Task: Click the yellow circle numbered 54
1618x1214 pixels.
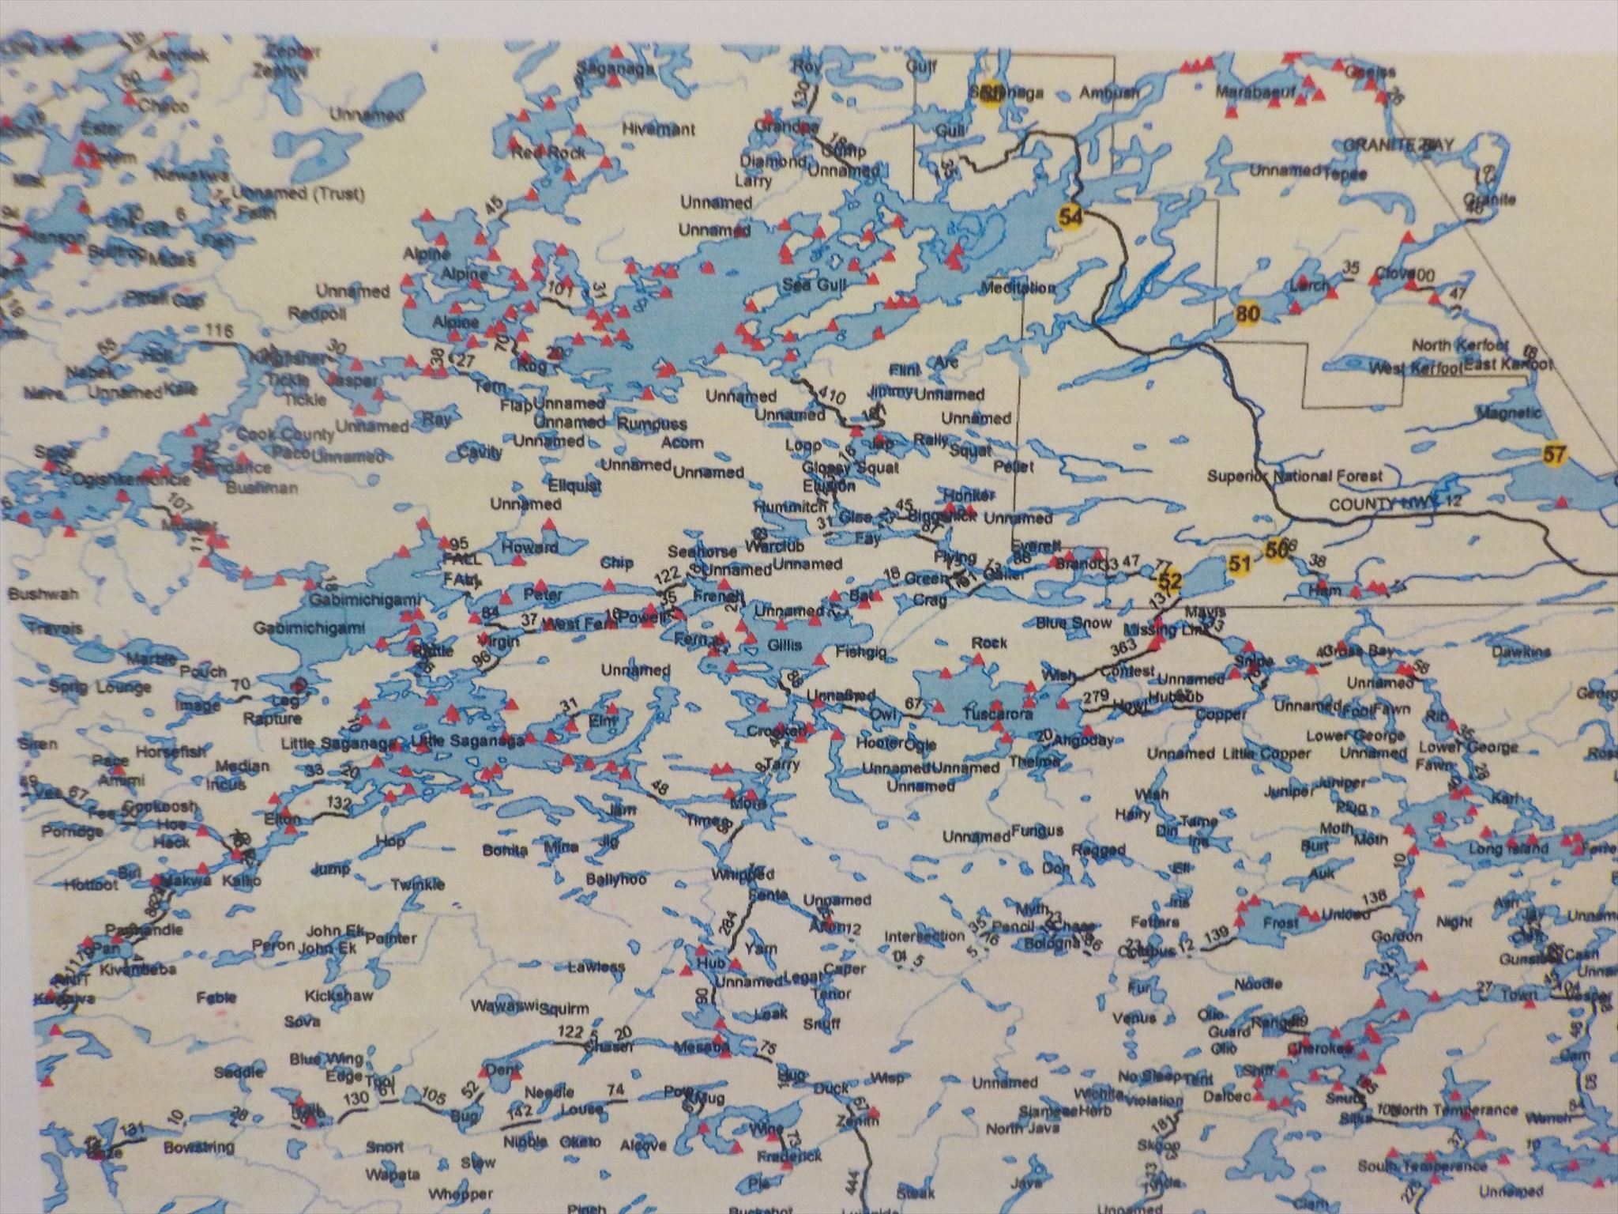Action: (x=1071, y=217)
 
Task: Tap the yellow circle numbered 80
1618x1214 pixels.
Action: (x=1247, y=314)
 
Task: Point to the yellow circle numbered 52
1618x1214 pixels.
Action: (x=1170, y=582)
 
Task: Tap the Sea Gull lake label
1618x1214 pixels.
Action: (x=809, y=285)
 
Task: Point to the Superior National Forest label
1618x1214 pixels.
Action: (x=1295, y=476)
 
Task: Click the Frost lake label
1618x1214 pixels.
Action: (x=1281, y=922)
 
